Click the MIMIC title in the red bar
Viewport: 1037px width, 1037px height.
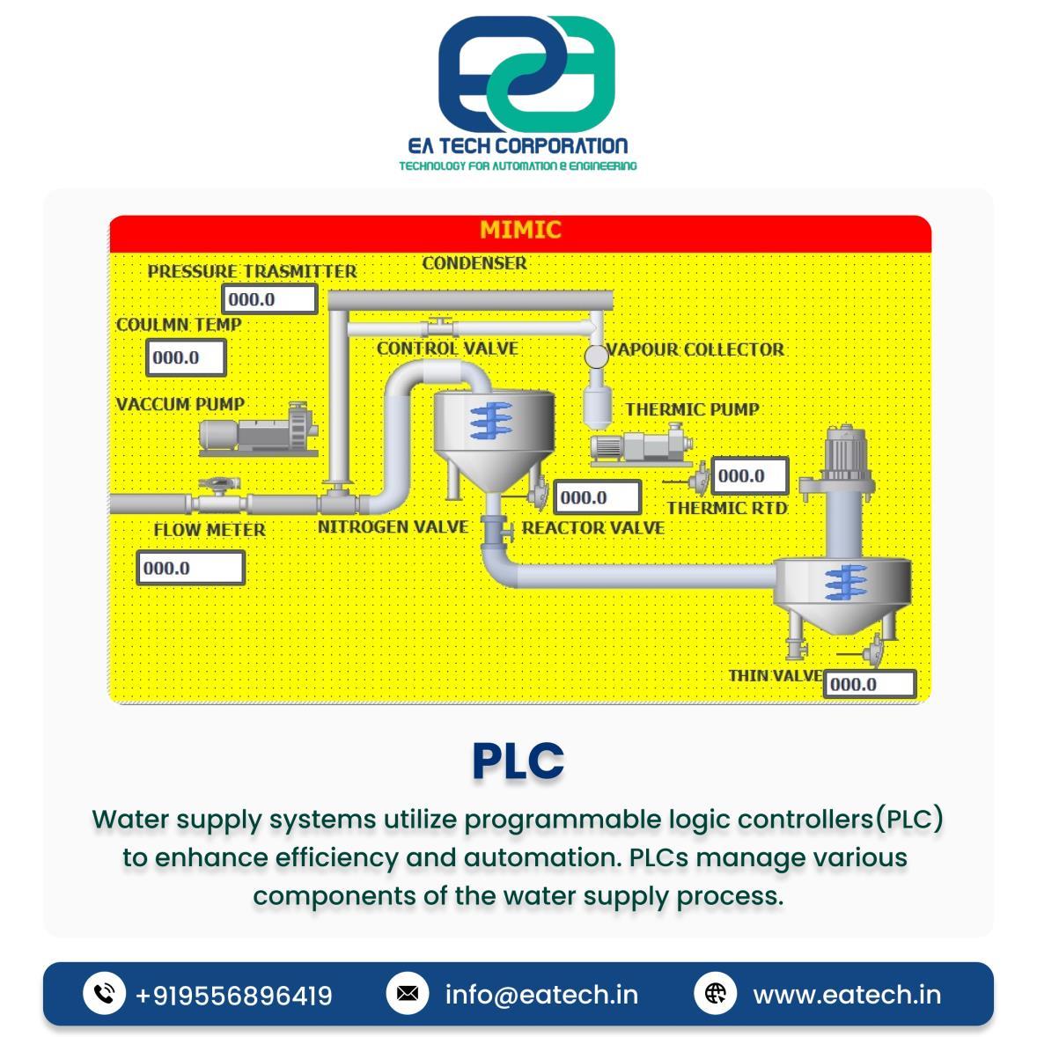(519, 230)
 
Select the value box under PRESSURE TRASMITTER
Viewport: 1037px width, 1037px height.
(268, 299)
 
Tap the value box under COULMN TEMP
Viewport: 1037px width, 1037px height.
(185, 357)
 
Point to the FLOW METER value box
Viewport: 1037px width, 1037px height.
(190, 568)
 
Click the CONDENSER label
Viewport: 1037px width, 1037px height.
(474, 263)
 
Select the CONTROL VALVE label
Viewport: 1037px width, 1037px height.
(447, 349)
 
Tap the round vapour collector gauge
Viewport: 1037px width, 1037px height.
(596, 356)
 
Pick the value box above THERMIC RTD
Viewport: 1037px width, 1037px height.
(749, 476)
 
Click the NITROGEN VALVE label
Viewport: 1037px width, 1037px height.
(393, 526)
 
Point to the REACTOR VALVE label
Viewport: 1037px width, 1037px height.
(592, 527)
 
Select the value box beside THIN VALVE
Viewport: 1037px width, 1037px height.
(869, 684)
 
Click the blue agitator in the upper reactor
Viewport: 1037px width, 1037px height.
(489, 421)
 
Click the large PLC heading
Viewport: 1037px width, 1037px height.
(518, 761)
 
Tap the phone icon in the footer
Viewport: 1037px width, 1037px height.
(104, 994)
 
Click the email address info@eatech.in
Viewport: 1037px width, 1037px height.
(541, 995)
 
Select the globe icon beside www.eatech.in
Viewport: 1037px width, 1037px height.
(715, 994)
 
